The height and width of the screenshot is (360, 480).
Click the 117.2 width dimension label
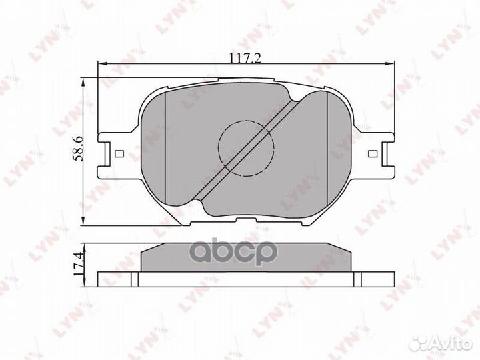point(245,57)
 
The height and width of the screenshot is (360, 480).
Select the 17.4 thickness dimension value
point(78,264)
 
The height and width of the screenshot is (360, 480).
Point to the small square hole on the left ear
point(119,153)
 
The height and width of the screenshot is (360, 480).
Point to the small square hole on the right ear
point(372,153)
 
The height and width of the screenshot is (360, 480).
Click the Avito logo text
point(452,344)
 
